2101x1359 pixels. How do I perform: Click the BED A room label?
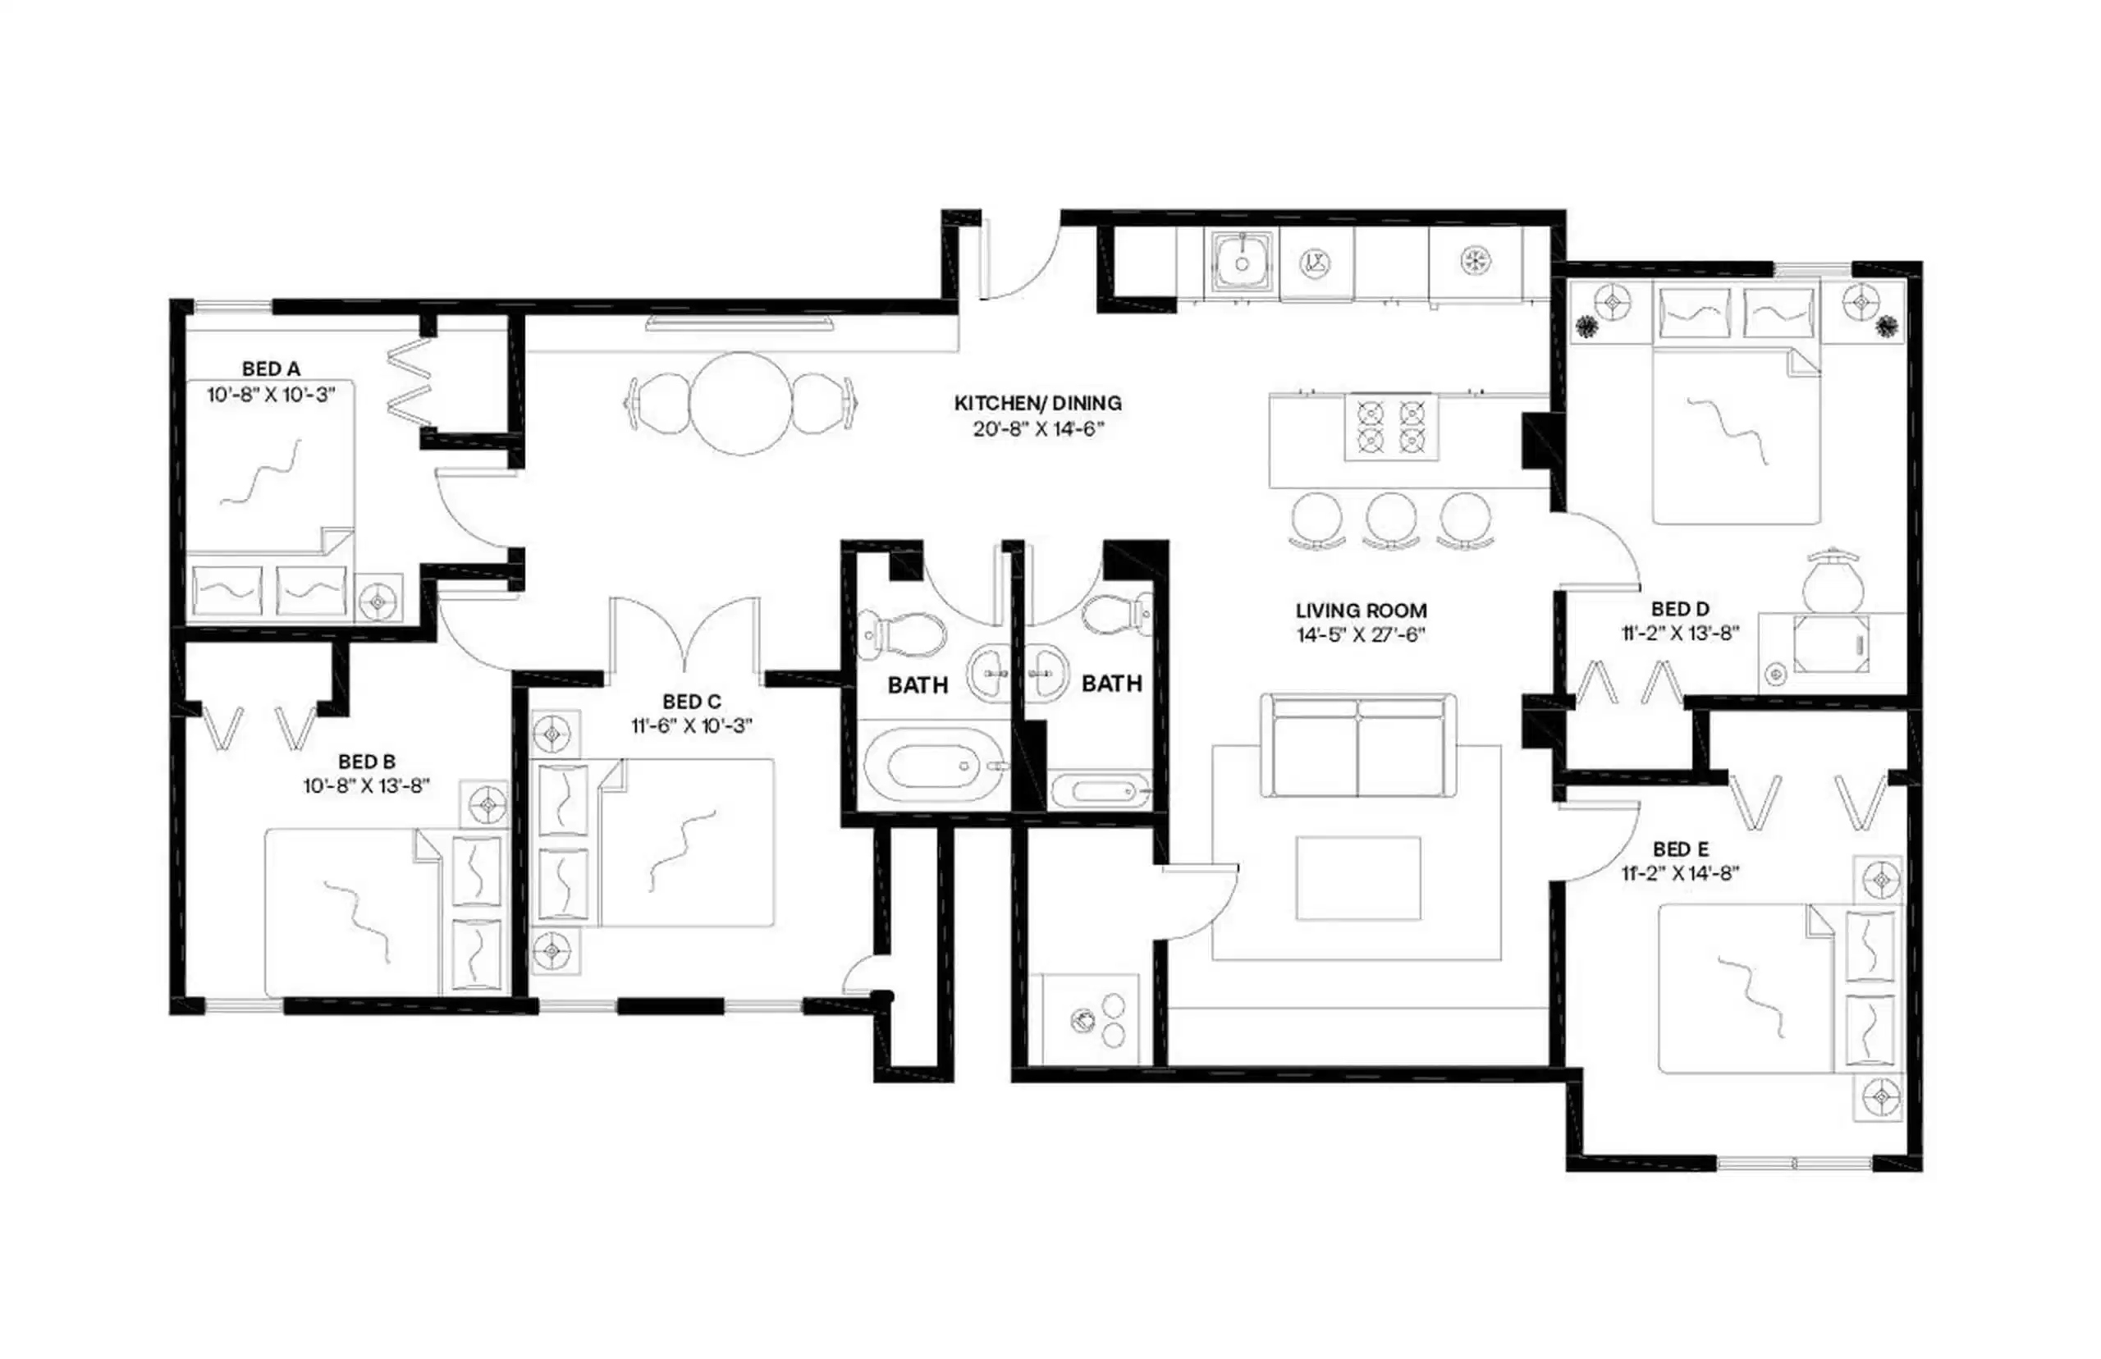point(270,368)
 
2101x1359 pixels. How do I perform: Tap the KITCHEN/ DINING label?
point(1037,403)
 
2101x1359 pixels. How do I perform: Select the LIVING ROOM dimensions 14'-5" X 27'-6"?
point(1361,635)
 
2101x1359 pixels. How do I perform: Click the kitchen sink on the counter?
point(1242,261)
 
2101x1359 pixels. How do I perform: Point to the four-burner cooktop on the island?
point(1390,427)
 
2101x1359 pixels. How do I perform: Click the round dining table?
point(740,403)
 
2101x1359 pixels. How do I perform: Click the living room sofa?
point(1358,746)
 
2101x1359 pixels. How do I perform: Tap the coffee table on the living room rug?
point(1358,878)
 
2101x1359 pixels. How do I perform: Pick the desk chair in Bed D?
point(1832,581)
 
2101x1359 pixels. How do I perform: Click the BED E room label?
point(1681,849)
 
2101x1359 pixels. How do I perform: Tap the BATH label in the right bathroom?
point(1112,684)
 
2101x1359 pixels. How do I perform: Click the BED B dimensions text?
point(366,785)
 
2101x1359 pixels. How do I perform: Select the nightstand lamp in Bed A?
point(378,601)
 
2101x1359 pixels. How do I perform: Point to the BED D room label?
point(1681,609)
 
